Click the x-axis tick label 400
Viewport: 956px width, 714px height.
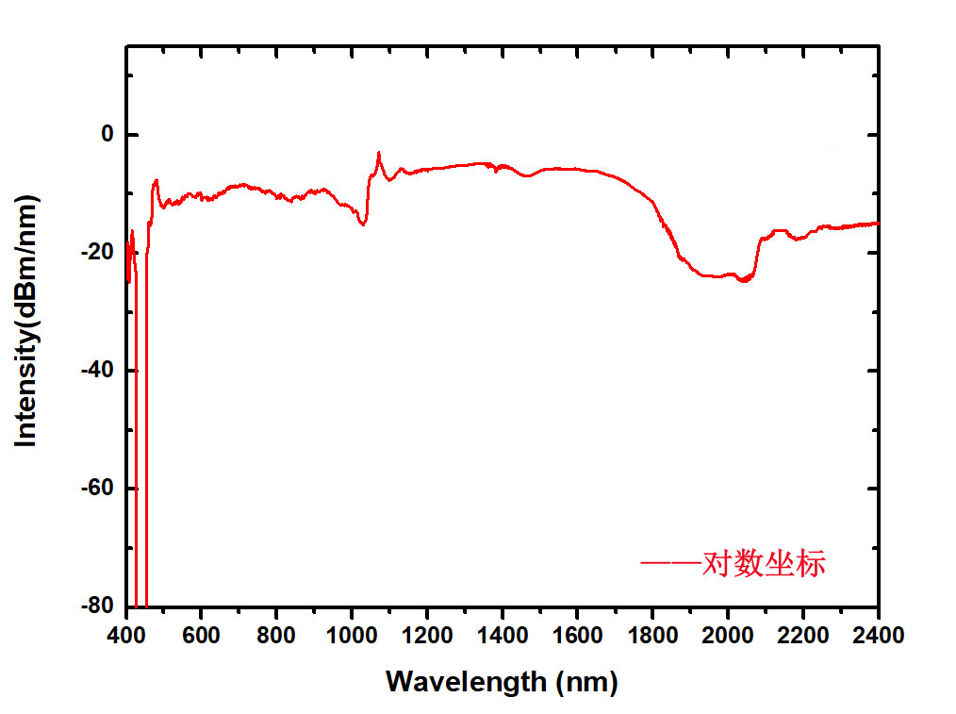pyautogui.click(x=126, y=635)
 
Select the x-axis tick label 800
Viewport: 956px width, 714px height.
pyautogui.click(x=276, y=635)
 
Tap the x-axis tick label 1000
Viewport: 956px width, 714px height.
pyautogui.click(x=352, y=635)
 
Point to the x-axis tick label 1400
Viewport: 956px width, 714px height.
pyautogui.click(x=503, y=635)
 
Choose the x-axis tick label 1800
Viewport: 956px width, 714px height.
pyautogui.click(x=652, y=635)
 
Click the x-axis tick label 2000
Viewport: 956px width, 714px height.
pyautogui.click(x=728, y=635)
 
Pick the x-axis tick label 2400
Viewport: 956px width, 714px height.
pyautogui.click(x=878, y=635)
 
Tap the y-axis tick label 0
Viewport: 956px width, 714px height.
pyautogui.click(x=107, y=135)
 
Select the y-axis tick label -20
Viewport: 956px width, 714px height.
pyautogui.click(x=97, y=253)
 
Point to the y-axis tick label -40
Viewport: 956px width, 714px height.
pyautogui.click(x=97, y=371)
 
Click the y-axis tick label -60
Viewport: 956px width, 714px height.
pyautogui.click(x=97, y=489)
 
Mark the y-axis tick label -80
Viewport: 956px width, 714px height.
pyautogui.click(x=97, y=606)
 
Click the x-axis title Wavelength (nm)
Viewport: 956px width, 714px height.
pyautogui.click(x=502, y=680)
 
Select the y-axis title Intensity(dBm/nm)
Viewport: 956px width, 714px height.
pyautogui.click(x=27, y=321)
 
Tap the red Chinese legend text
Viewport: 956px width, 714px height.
pyautogui.click(x=764, y=564)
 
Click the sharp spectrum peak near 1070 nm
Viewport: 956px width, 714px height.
pyautogui.click(x=379, y=152)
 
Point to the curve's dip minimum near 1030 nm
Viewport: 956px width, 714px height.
pyautogui.click(x=363, y=224)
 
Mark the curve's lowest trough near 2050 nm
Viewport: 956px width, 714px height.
pyautogui.click(x=745, y=281)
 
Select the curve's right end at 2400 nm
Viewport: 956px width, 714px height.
pyautogui.click(x=878, y=224)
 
